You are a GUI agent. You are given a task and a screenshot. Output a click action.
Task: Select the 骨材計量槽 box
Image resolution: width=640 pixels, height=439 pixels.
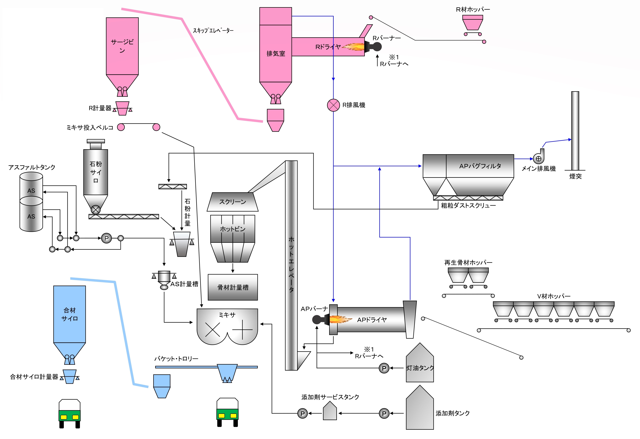point(233,287)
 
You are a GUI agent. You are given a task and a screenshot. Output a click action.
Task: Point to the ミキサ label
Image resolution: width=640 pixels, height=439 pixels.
point(227,315)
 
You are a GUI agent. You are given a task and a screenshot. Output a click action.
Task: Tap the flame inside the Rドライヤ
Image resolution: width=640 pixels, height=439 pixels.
point(353,47)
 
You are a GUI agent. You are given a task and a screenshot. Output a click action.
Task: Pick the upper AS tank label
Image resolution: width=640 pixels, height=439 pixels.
point(31,191)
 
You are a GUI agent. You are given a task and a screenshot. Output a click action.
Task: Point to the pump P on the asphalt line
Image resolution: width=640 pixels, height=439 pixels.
point(107,238)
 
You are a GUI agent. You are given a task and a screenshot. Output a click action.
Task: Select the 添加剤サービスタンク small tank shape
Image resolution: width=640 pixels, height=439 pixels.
point(330,411)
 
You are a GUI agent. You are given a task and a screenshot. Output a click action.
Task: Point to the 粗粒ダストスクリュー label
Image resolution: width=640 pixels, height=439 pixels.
point(468,206)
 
